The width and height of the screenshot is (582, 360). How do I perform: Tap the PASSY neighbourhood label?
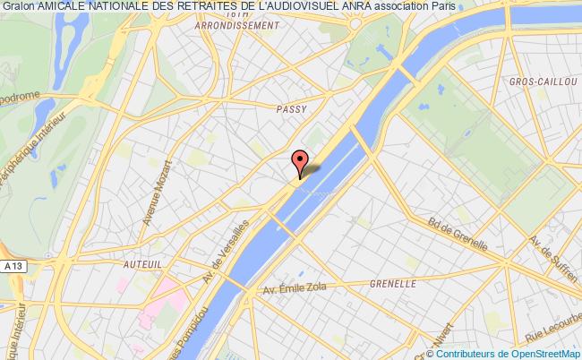[291, 108]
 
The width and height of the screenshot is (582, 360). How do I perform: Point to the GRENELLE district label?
[393, 283]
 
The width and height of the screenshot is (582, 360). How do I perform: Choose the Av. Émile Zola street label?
[296, 289]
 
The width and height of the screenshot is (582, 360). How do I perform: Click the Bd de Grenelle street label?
[458, 236]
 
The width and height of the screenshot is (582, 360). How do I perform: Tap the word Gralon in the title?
[18, 8]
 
